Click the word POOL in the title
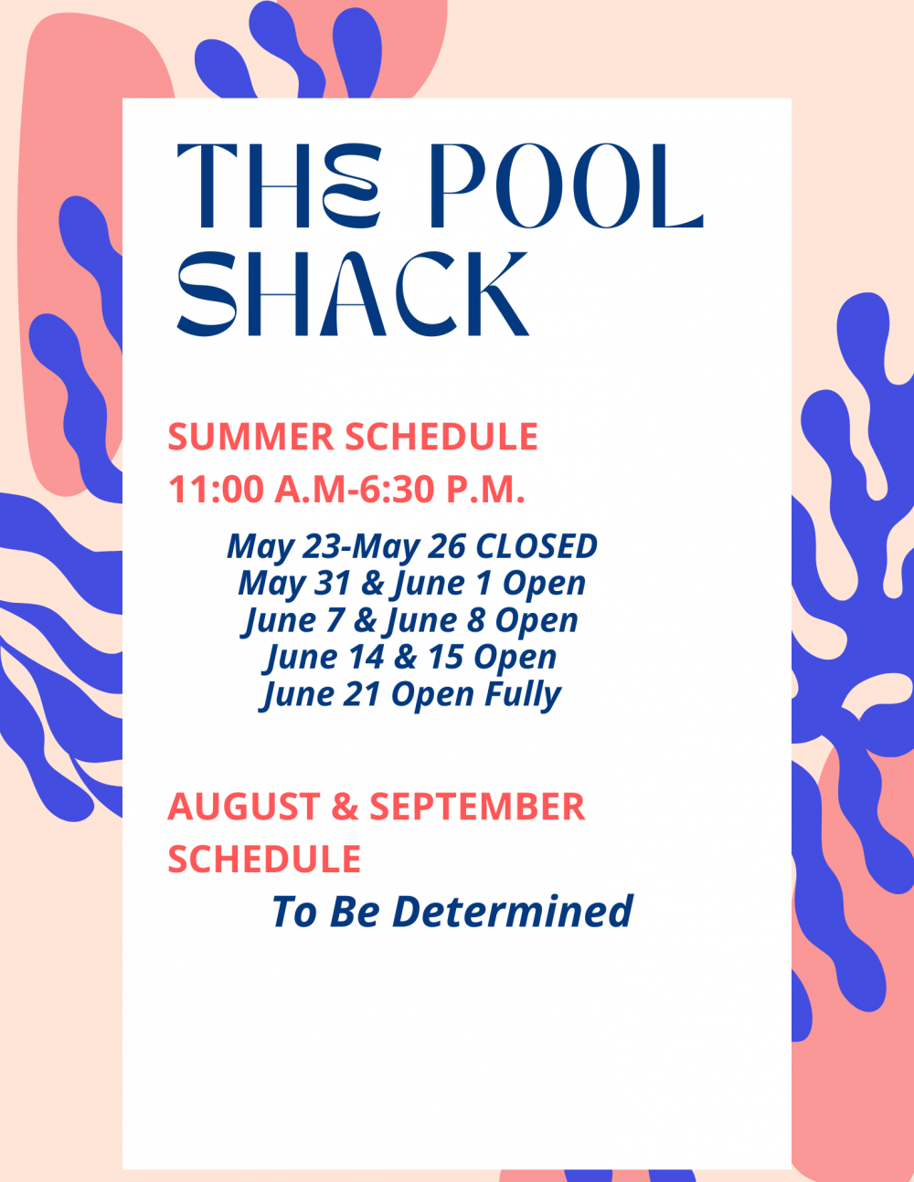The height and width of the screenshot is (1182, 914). [567, 186]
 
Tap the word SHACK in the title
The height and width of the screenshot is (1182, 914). [353, 294]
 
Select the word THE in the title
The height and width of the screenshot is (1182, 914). [279, 186]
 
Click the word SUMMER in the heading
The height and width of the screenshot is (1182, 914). [250, 437]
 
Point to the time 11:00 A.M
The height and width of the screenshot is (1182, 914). [257, 490]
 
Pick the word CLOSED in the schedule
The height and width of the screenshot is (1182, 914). [537, 546]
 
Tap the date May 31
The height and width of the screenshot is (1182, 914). [294, 585]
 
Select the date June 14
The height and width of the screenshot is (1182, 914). [324, 658]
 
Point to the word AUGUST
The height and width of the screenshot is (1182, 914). [244, 807]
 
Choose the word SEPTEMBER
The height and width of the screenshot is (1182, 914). [477, 807]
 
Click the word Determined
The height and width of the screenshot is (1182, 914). [513, 911]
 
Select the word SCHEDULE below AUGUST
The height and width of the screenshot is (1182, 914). [264, 860]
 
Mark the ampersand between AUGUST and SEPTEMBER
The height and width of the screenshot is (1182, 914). [345, 807]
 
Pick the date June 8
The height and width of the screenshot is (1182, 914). [433, 621]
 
